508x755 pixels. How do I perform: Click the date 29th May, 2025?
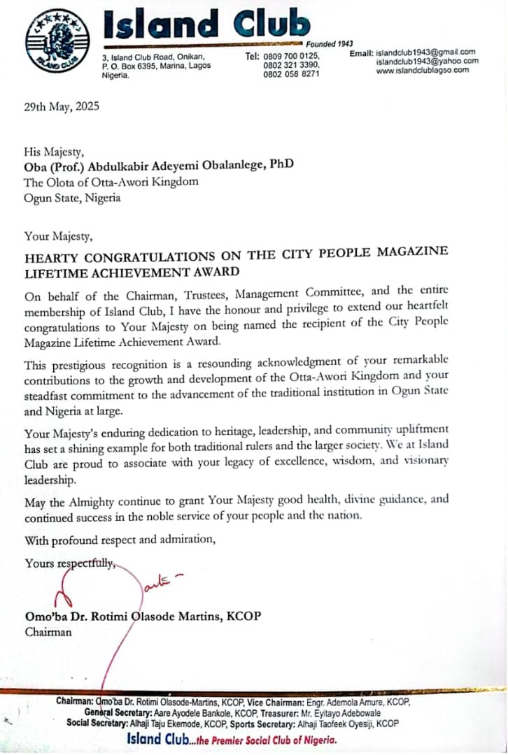pos(62,107)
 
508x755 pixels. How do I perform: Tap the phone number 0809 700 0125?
pos(292,56)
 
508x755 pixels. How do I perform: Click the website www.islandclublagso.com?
pos(423,70)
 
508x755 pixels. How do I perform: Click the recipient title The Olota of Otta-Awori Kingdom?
pos(111,182)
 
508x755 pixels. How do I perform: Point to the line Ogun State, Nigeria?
pos(72,198)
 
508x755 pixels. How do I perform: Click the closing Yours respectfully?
pos(69,563)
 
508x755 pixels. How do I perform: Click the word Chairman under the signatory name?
pos(48,632)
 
